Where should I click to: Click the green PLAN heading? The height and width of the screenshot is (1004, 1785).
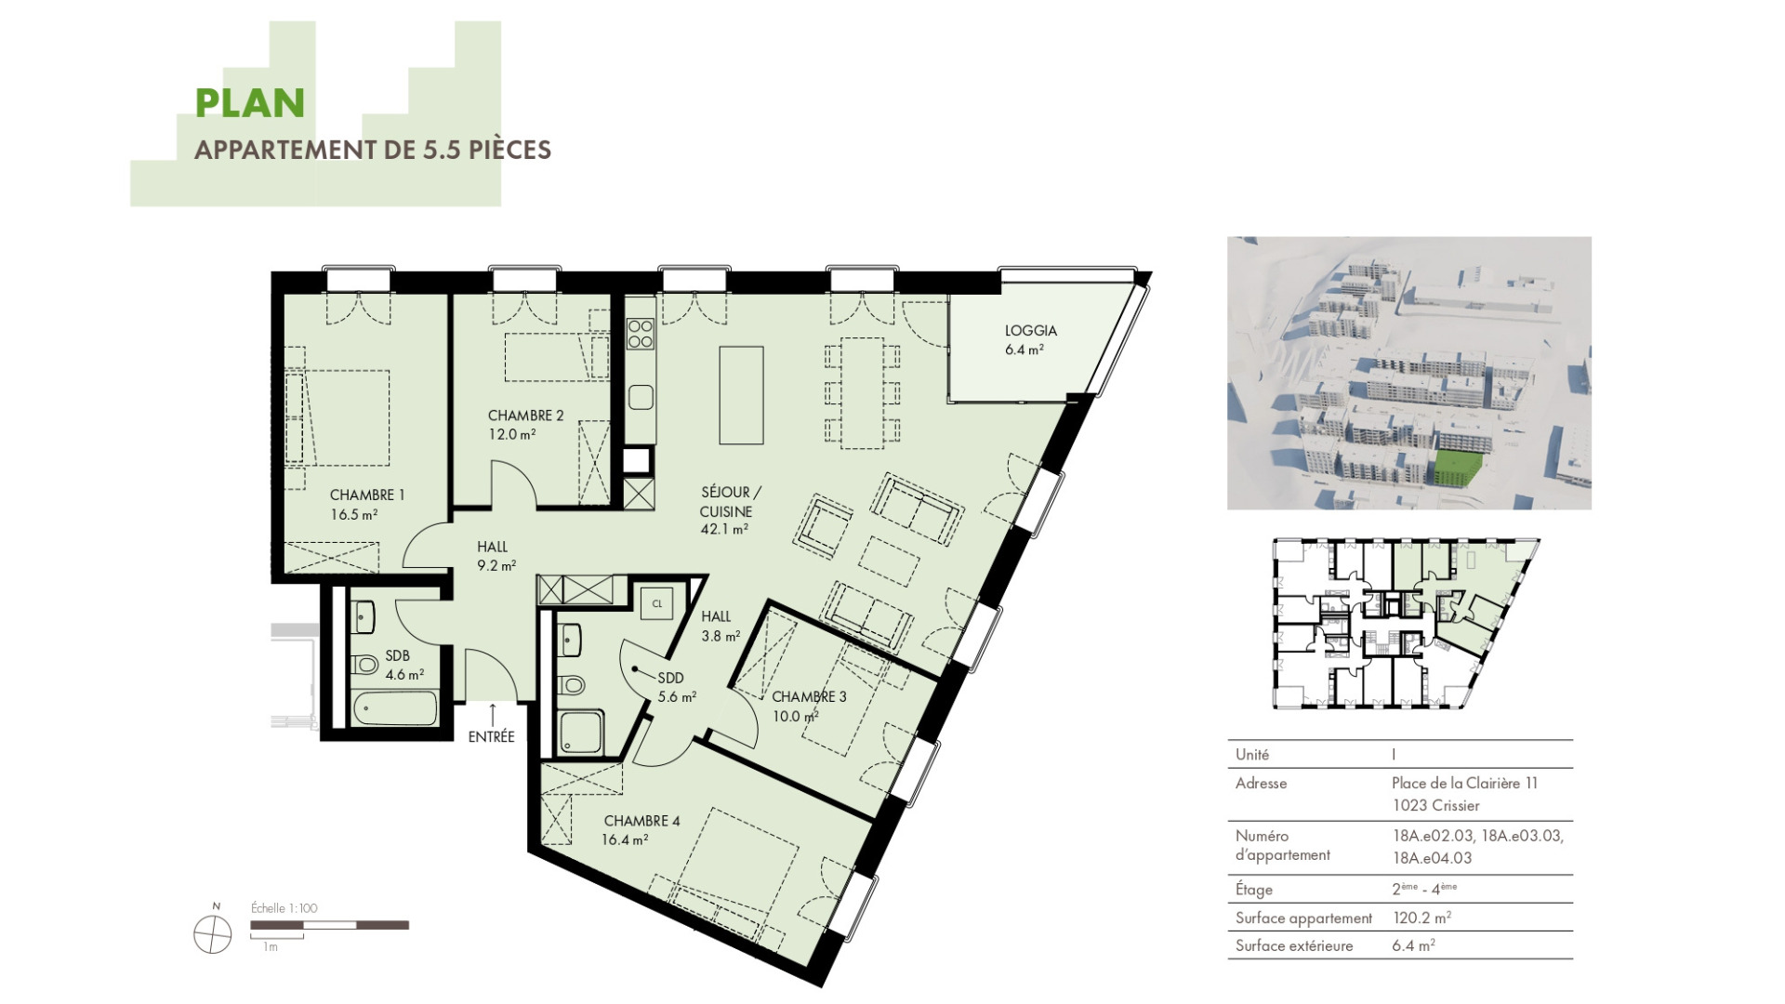point(250,103)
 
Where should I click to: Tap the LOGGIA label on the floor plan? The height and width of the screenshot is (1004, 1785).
point(1030,330)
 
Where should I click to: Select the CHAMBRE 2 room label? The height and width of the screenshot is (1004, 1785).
point(525,416)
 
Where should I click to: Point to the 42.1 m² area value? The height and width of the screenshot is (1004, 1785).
point(724,530)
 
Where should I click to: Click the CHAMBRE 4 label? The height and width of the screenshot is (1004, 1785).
point(641,821)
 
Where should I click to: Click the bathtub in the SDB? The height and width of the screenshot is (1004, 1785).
point(394,710)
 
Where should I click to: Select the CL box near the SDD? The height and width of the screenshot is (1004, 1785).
point(657,603)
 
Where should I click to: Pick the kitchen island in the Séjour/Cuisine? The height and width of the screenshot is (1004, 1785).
point(741,395)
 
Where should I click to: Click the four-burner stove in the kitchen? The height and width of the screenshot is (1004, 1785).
point(640,333)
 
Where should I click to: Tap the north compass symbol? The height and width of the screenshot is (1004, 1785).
point(213,933)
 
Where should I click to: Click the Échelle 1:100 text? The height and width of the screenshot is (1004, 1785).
point(284,908)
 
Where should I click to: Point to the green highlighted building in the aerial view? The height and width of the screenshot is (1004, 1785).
point(1455,468)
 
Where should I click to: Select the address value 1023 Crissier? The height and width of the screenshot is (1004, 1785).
point(1435,806)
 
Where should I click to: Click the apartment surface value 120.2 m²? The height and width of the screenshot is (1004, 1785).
point(1421,918)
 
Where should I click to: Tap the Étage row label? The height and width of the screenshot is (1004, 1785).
point(1253,890)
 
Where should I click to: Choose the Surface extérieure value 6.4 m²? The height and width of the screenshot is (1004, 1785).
point(1413,945)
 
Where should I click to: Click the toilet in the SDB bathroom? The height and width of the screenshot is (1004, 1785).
point(365,665)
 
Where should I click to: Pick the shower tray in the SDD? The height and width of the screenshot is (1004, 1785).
point(582,733)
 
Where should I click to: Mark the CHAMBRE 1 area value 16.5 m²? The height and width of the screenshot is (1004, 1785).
point(354,515)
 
